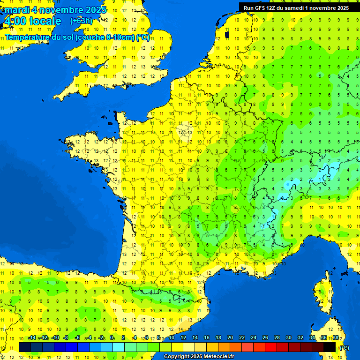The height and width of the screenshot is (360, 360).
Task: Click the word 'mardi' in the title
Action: coord(16,10)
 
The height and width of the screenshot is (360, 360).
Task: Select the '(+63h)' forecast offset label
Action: coord(81,21)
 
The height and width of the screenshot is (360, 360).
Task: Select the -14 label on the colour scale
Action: coord(32,338)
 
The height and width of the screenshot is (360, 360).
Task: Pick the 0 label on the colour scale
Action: coord(112,338)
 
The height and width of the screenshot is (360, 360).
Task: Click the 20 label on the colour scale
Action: coord(230,338)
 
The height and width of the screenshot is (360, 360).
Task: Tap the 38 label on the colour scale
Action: coord(335,338)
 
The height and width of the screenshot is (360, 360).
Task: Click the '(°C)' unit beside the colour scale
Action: coord(344,348)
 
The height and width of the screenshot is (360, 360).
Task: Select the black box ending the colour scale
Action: coord(330,347)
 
